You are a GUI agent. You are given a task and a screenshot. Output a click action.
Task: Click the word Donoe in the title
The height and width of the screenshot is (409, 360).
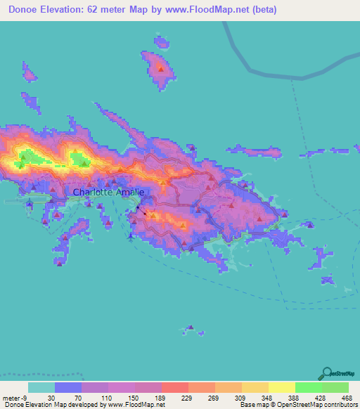click(x=27, y=10)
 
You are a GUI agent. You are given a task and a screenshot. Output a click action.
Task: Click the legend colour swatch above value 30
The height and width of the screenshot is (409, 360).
click(x=68, y=387)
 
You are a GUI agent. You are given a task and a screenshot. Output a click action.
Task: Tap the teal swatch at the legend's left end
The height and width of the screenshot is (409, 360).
click(x=41, y=387)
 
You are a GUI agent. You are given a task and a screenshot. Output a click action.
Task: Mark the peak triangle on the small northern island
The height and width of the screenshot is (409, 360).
click(x=160, y=68)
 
